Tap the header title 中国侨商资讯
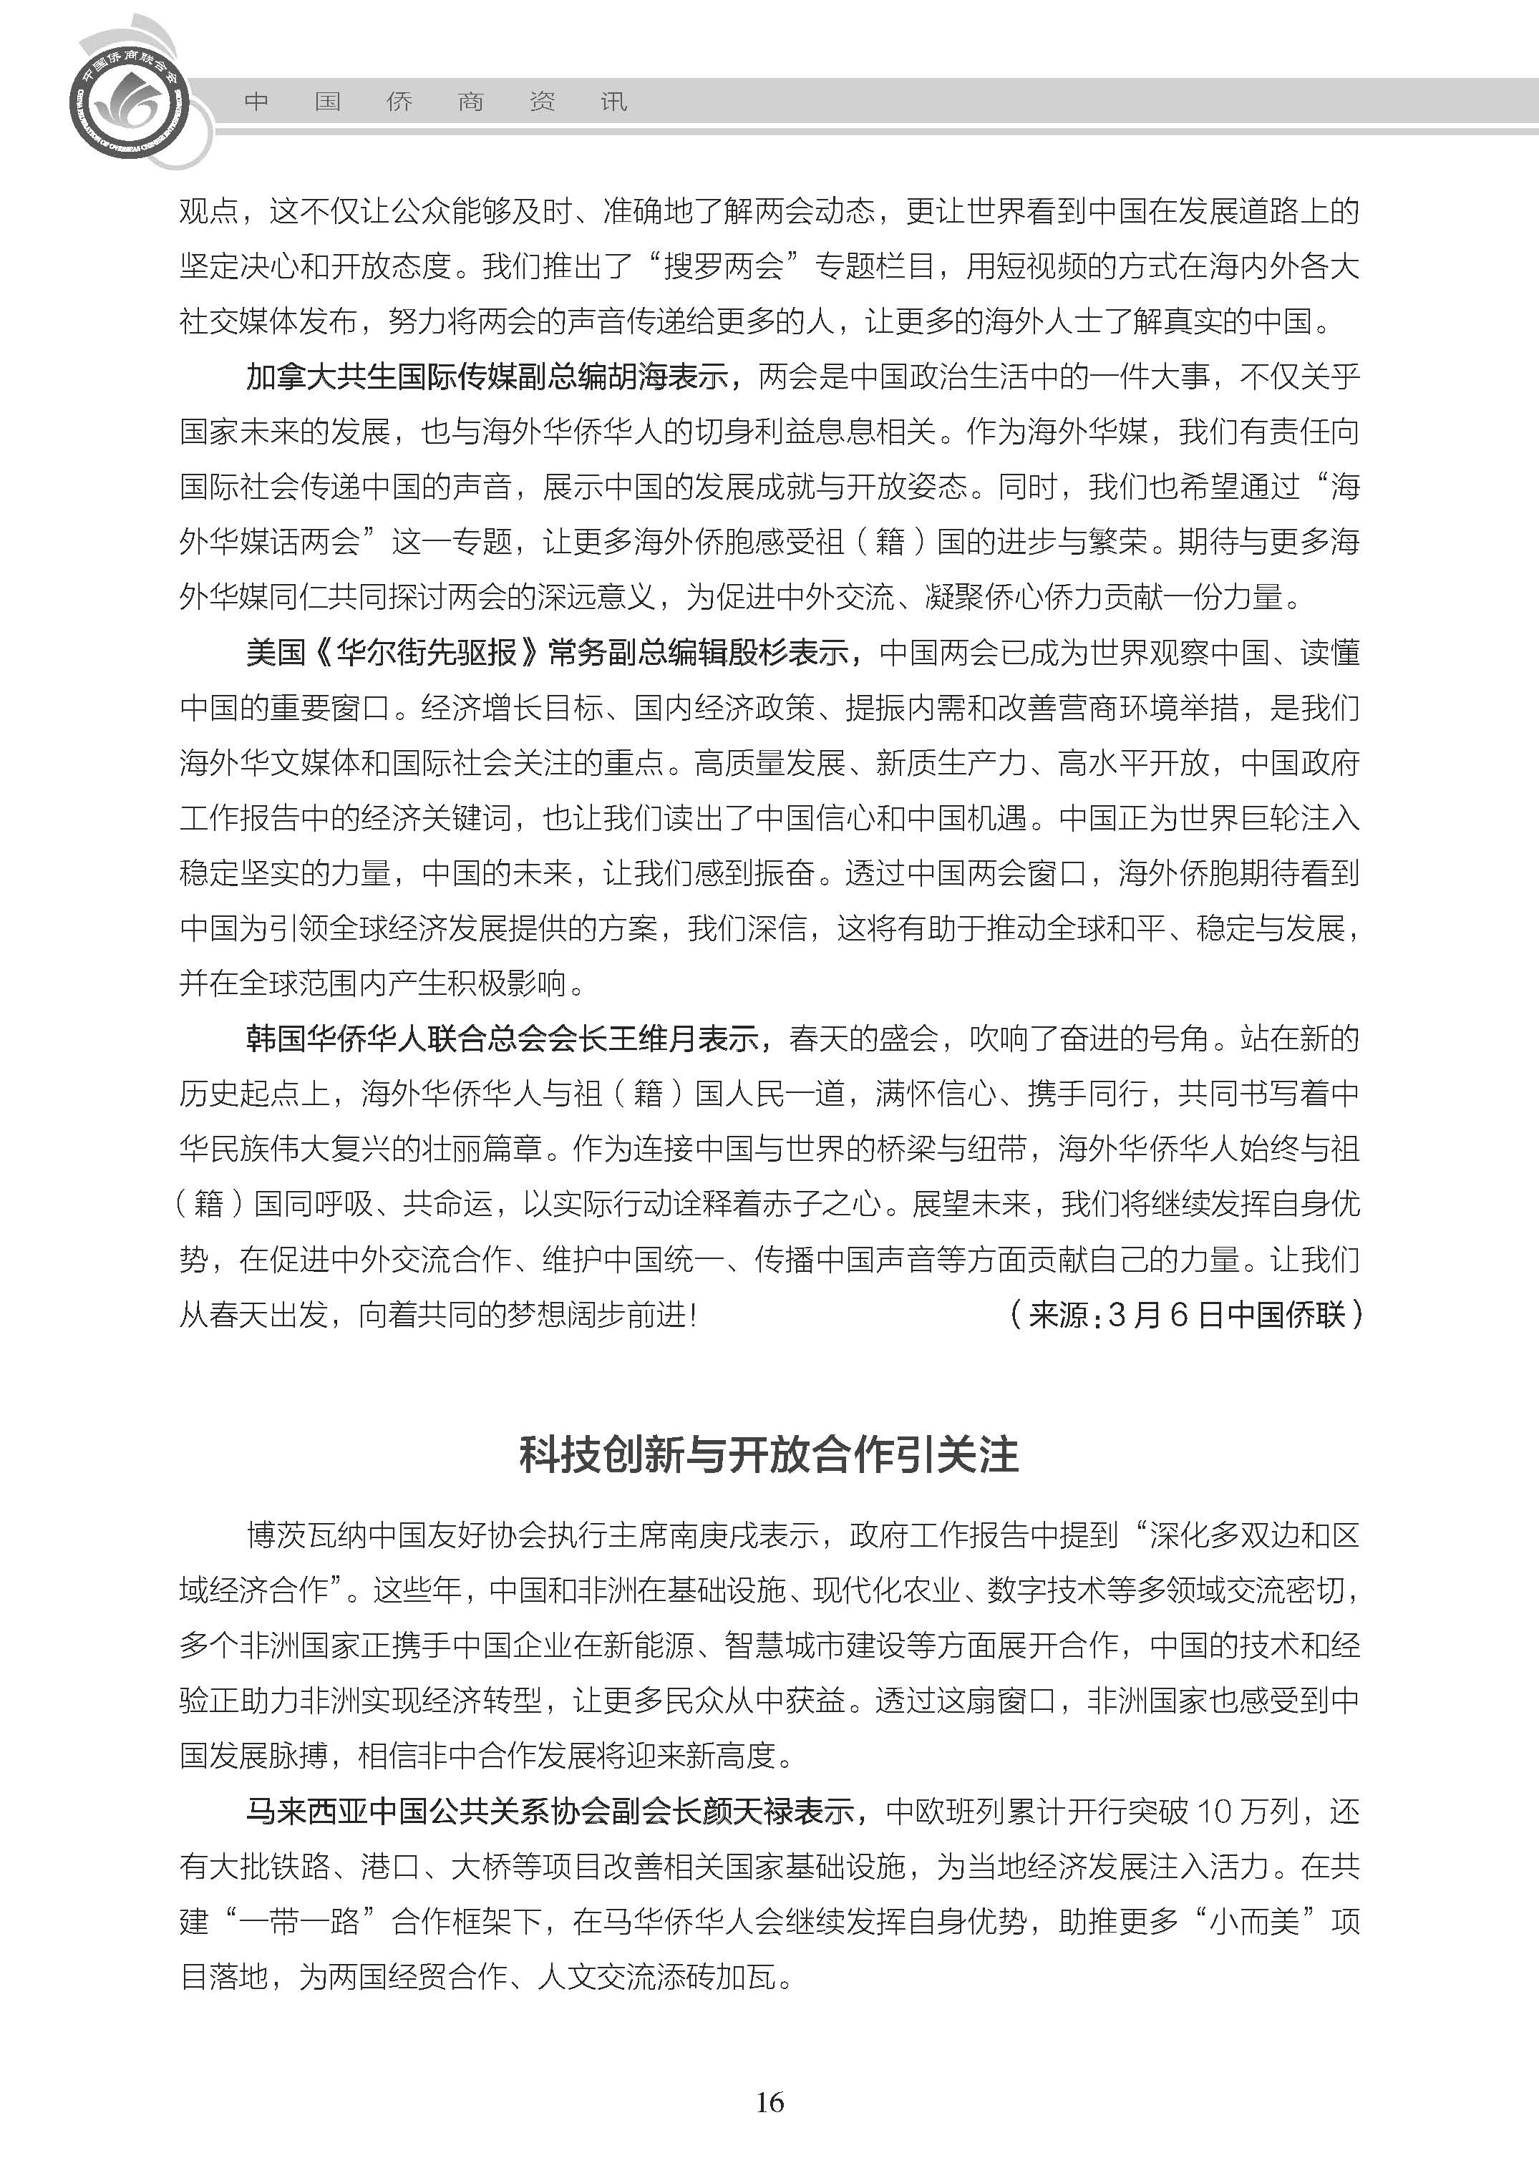pos(435,102)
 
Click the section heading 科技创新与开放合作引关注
pos(769,1454)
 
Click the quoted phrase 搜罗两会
pos(723,266)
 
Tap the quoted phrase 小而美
pos(1255,1921)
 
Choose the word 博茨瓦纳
pos(306,1535)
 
